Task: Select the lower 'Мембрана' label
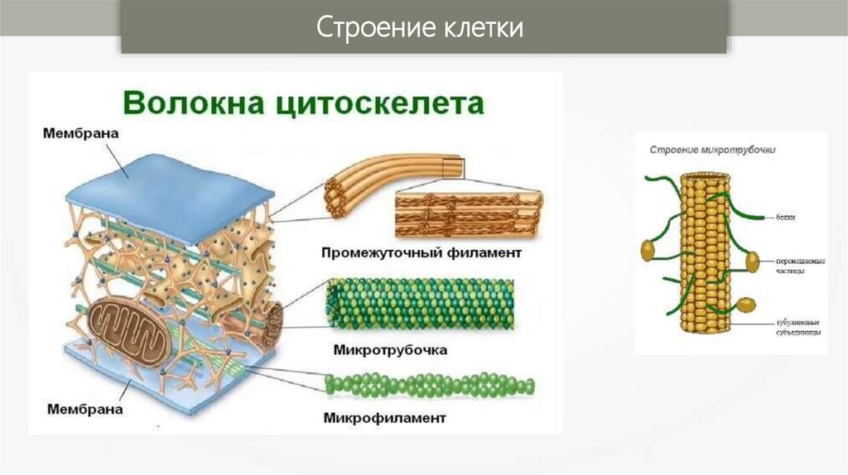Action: [85, 409]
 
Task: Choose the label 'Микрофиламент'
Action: [386, 418]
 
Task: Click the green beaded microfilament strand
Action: [430, 385]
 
